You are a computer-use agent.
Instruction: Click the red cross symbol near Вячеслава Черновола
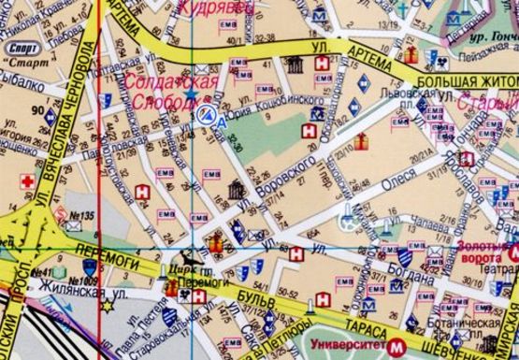28,180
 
